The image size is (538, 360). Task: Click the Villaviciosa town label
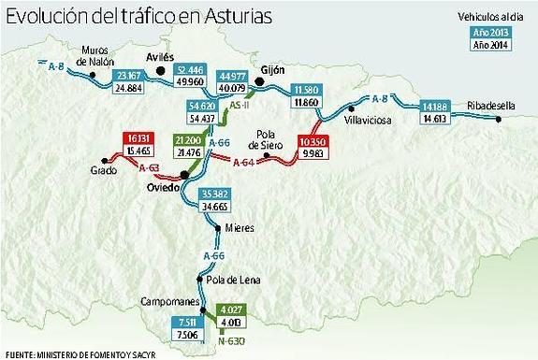coord(369,121)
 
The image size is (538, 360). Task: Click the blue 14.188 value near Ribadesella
coord(438,105)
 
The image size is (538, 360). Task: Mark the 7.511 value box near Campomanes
coord(185,322)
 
